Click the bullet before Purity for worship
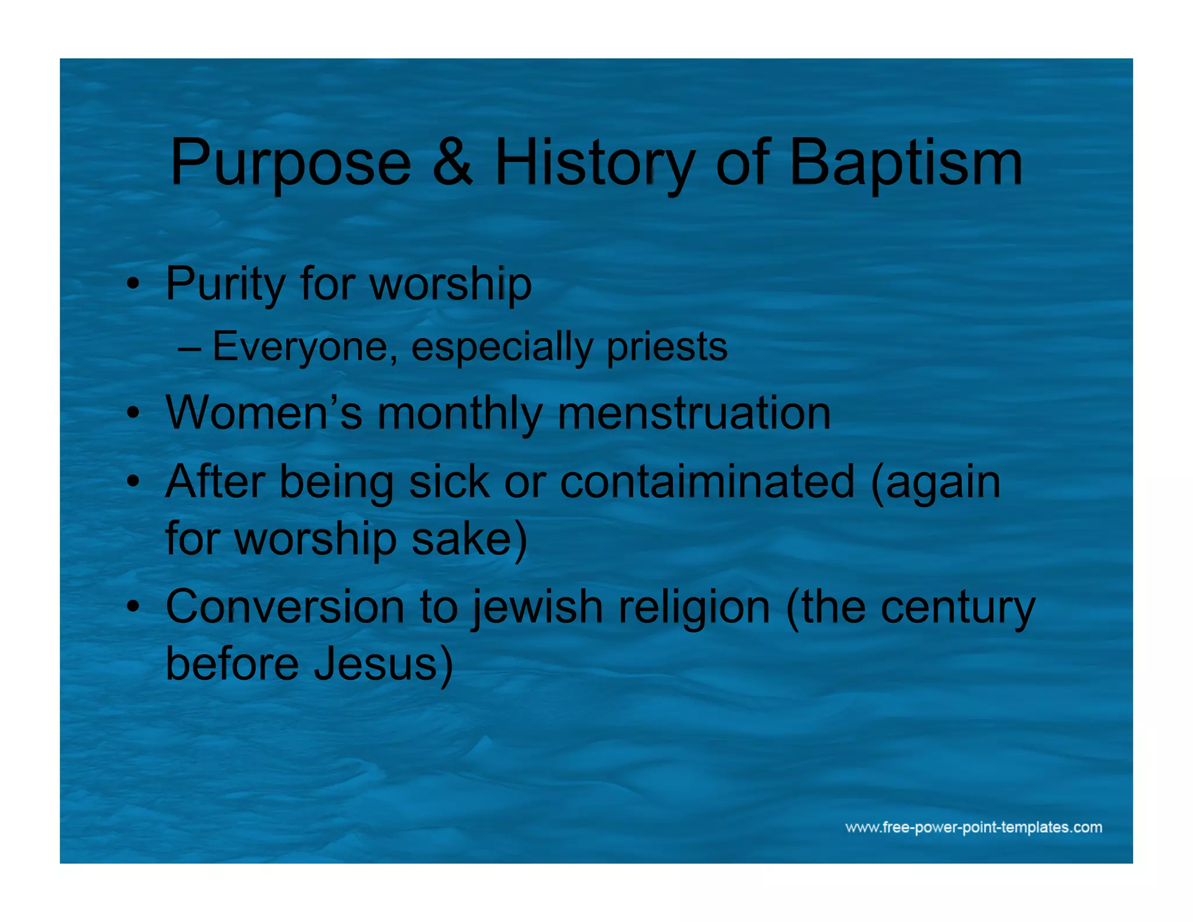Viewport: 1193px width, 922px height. (133, 285)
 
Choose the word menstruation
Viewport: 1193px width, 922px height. (694, 413)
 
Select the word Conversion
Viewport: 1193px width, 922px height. (285, 607)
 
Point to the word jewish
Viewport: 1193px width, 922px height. (537, 607)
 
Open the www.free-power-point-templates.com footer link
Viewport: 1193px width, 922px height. (973, 828)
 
